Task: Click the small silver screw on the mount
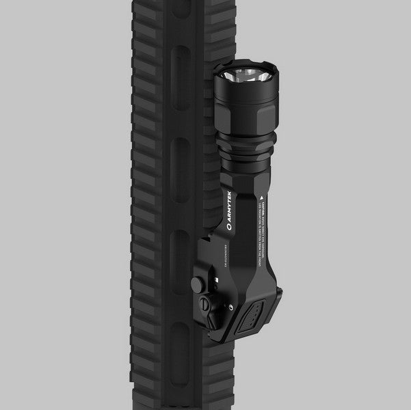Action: pyautogui.click(x=194, y=281)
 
